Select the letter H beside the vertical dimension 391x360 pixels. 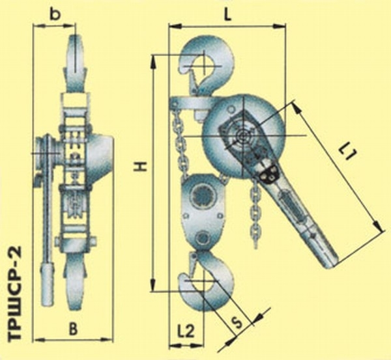pos(140,167)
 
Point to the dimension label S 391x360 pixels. pos(237,323)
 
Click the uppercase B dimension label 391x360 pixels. pos(73,329)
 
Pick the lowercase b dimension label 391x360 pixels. pos(55,15)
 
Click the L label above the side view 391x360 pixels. pos(227,16)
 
